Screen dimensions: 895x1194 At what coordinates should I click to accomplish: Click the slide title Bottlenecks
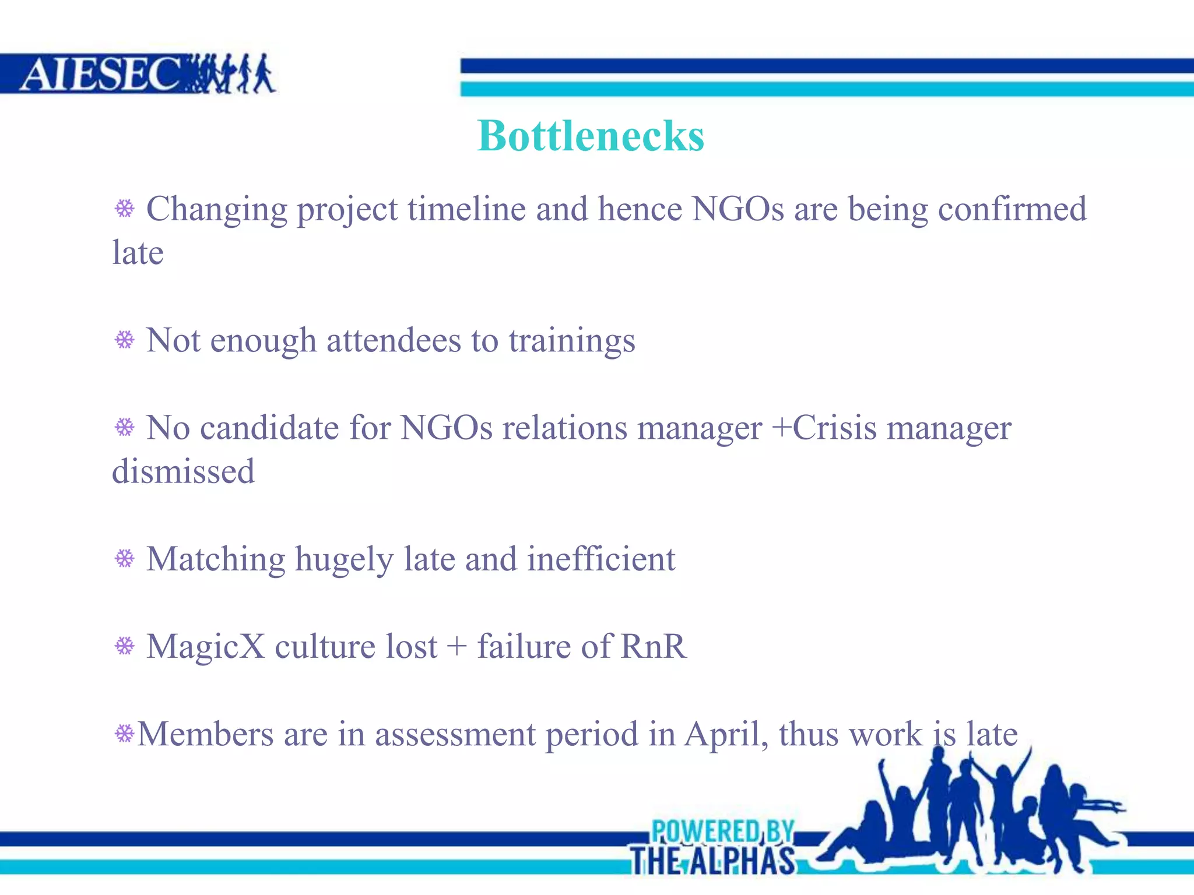(x=591, y=136)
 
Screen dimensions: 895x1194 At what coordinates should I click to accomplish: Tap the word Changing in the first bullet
(x=216, y=210)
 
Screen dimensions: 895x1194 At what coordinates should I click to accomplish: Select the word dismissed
(x=184, y=471)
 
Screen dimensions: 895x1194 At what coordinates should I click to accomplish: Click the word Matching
(x=216, y=560)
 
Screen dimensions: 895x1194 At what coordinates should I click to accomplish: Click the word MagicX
(x=205, y=647)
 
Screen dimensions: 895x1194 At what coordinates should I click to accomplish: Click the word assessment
(x=455, y=734)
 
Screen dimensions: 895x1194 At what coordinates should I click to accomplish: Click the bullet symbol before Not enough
(x=124, y=340)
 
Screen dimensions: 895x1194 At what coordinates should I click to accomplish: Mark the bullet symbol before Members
(x=124, y=734)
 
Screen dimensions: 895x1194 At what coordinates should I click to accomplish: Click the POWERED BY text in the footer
(x=722, y=831)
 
